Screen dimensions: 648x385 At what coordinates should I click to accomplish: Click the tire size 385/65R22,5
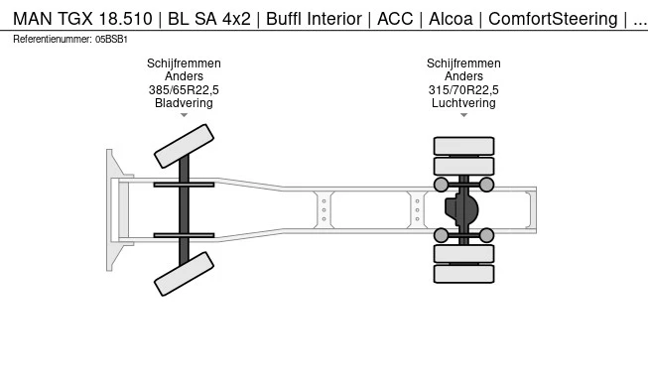[x=184, y=89]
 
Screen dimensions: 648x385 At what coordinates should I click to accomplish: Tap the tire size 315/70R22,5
[x=463, y=89]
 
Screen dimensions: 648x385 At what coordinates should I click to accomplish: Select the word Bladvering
[x=184, y=103]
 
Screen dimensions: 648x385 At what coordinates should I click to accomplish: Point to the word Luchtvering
[x=463, y=103]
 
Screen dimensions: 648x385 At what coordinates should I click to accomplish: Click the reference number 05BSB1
[x=111, y=40]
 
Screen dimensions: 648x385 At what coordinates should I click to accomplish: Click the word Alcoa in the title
[x=451, y=19]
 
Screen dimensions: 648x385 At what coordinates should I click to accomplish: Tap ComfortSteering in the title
[x=553, y=19]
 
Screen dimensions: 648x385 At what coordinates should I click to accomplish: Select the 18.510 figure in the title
[x=126, y=19]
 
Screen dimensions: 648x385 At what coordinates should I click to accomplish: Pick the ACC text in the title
[x=395, y=19]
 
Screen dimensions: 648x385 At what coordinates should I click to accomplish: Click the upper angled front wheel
[x=184, y=146]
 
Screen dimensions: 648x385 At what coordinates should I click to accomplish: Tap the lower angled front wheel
[x=184, y=274]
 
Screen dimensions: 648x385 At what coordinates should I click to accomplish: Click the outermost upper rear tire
[x=463, y=146]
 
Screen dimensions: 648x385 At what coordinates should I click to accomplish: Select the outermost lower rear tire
[x=463, y=274]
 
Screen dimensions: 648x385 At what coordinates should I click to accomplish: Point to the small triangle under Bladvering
[x=184, y=115]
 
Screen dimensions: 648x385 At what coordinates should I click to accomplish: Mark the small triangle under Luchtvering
[x=463, y=115]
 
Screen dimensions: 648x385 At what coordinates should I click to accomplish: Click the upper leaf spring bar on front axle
[x=184, y=185]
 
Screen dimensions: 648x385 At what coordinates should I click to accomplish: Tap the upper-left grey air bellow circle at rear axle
[x=441, y=185]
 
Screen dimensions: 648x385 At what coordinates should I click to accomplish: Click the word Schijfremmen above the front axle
[x=184, y=64]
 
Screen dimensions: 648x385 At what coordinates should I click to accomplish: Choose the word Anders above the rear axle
[x=463, y=76]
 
